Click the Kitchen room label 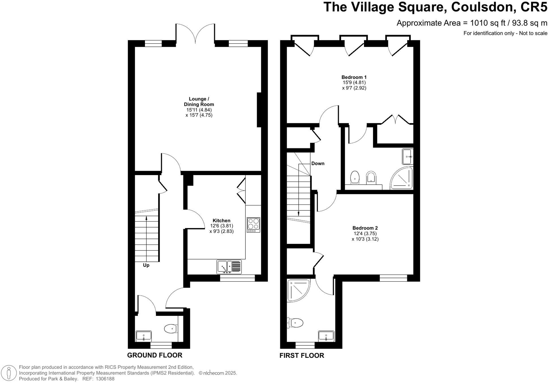221,220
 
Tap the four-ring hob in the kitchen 253,224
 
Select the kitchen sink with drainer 229,267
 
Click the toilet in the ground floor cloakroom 170,329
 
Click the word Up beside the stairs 146,265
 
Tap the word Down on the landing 318,163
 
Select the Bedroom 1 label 354,77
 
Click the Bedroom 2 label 365,228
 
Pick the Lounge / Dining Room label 199,101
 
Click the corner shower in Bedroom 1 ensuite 402,178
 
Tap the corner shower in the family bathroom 298,290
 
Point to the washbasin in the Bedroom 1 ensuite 408,156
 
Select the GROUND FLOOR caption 155,355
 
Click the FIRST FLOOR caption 301,355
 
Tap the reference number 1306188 105,379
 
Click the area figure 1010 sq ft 487,23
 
